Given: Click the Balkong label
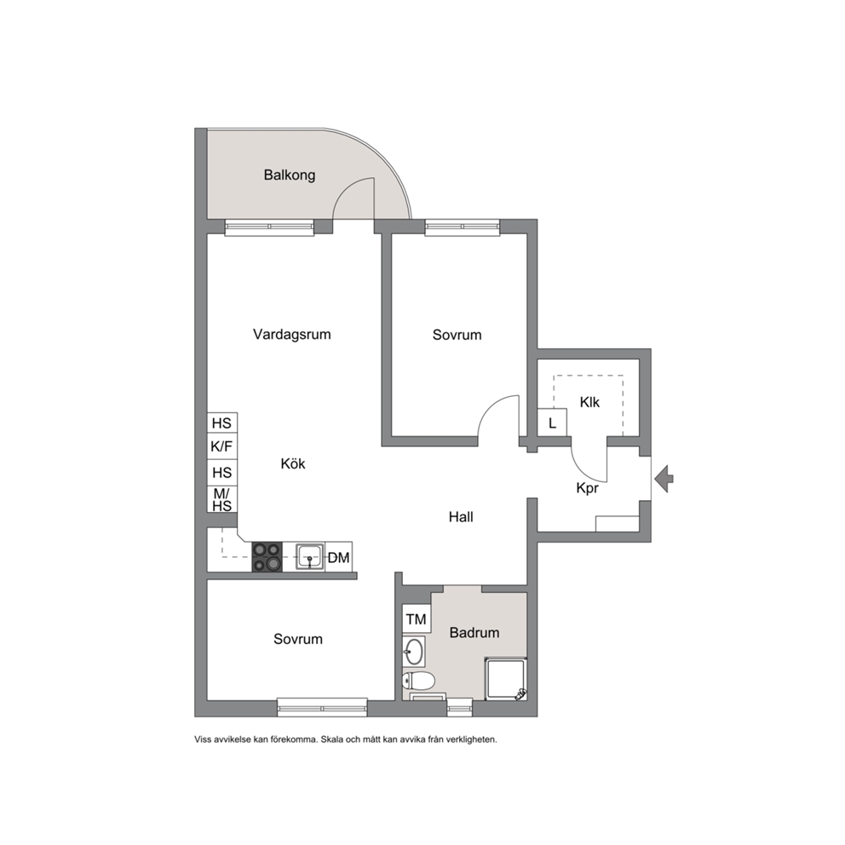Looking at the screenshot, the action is pyautogui.click(x=290, y=175).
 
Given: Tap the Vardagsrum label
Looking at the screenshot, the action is pyautogui.click(x=291, y=334).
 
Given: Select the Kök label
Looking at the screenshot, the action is pyautogui.click(x=293, y=463).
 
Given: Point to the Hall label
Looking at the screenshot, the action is pyautogui.click(x=461, y=517).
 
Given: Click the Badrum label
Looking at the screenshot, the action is pyautogui.click(x=474, y=632).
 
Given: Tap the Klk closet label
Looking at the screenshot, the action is pyautogui.click(x=589, y=402).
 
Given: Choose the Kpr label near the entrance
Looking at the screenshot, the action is pyautogui.click(x=587, y=488).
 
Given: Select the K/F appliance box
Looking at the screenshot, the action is pyautogui.click(x=222, y=445).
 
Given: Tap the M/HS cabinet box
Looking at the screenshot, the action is pyautogui.click(x=222, y=499).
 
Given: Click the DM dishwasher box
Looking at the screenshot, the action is pyautogui.click(x=338, y=557).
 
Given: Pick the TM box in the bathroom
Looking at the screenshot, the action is pyautogui.click(x=416, y=619).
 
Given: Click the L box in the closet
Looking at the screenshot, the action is pyautogui.click(x=552, y=423).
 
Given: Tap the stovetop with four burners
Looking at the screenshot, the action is pyautogui.click(x=267, y=557).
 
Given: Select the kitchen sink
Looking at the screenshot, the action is pyautogui.click(x=310, y=557).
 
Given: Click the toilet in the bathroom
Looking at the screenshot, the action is pyautogui.click(x=417, y=681).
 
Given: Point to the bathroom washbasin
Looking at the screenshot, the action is pyautogui.click(x=413, y=651).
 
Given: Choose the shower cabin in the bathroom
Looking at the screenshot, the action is pyautogui.click(x=505, y=679).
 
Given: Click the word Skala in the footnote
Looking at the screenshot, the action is pyautogui.click(x=331, y=739).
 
